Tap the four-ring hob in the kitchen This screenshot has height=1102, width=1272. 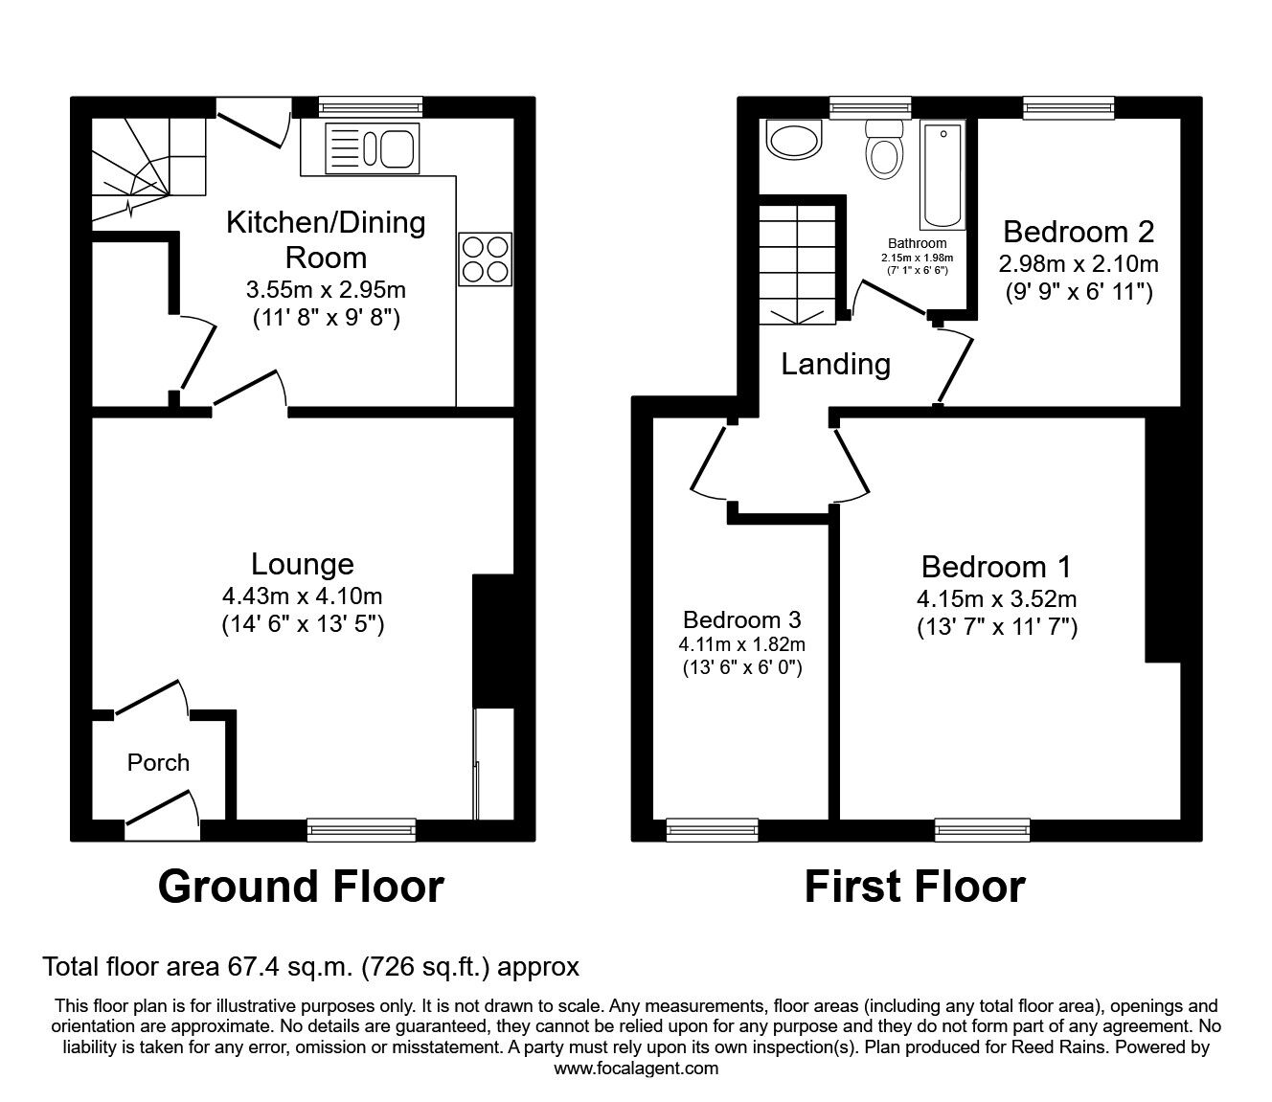484,259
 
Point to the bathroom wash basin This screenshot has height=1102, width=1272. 794,143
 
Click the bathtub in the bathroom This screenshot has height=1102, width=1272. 942,175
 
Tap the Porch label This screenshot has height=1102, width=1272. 158,762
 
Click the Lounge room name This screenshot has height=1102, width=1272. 302,564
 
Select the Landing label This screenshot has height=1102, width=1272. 835,364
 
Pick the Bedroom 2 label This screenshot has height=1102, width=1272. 1078,232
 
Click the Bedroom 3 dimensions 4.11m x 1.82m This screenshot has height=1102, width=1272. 742,643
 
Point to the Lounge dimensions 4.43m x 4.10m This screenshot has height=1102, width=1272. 302,596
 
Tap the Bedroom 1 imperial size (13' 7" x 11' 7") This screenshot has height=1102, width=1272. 996,628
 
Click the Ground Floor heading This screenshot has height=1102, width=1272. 301,887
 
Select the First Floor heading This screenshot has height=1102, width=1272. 914,887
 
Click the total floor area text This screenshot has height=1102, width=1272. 311,967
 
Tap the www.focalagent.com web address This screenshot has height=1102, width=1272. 636,1068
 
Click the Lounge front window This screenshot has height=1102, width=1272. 361,830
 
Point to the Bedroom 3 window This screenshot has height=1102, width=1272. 712,830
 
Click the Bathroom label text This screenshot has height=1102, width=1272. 917,243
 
